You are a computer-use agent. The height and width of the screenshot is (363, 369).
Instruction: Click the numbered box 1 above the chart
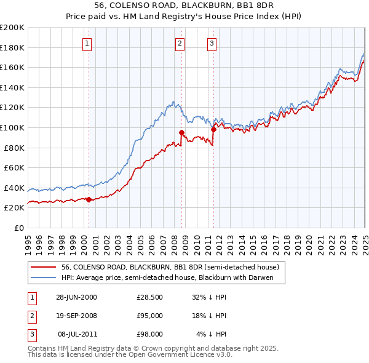pyautogui.click(x=87, y=43)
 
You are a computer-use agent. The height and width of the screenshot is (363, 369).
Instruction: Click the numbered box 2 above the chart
pyautogui.click(x=180, y=43)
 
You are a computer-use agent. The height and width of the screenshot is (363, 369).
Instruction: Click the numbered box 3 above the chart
pyautogui.click(x=211, y=43)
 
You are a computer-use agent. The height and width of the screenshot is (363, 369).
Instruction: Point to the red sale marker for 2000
pyautogui.click(x=89, y=199)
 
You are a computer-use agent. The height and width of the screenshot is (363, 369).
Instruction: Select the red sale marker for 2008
pyautogui.click(x=181, y=132)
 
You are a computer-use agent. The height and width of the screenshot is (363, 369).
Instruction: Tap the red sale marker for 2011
pyautogui.click(x=213, y=129)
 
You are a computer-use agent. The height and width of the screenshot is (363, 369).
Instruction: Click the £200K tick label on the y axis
pyautogui.click(x=12, y=28)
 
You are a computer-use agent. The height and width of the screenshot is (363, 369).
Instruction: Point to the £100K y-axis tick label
pyautogui.click(x=12, y=127)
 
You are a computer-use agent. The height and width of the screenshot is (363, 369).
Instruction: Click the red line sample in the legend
pyautogui.click(x=43, y=267)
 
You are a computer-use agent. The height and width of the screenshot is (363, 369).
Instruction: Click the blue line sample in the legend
pyautogui.click(x=43, y=277)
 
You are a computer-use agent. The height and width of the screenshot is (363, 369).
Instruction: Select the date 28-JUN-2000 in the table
pyautogui.click(x=76, y=297)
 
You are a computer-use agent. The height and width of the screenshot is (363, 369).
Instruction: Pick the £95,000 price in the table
pyautogui.click(x=149, y=316)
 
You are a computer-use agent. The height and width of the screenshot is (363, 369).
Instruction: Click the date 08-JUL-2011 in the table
pyautogui.click(x=77, y=334)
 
